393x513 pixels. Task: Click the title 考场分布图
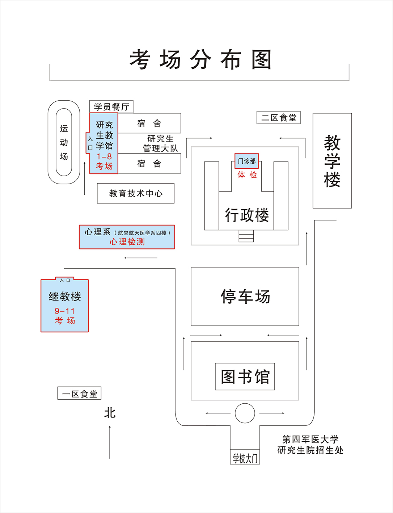(200, 60)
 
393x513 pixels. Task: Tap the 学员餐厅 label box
(111, 107)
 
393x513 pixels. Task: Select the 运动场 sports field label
(64, 142)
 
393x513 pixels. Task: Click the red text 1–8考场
(104, 161)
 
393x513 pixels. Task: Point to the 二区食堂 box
(279, 118)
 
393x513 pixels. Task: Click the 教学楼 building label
(332, 161)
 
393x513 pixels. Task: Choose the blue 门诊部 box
(247, 161)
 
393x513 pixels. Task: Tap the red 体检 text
(247, 175)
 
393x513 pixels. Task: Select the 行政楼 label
(247, 215)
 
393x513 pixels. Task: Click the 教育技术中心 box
(136, 193)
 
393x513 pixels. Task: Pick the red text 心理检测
(127, 242)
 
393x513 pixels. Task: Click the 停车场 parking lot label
(245, 297)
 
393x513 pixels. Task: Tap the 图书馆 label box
(245, 377)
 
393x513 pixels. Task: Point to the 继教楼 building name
(65, 297)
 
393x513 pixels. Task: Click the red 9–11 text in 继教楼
(65, 311)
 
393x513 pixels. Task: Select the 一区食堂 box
(79, 394)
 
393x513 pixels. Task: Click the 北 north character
(110, 413)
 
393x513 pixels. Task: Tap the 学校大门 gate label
(245, 458)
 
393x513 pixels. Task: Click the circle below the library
(245, 413)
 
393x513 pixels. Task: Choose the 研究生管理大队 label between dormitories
(160, 143)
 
